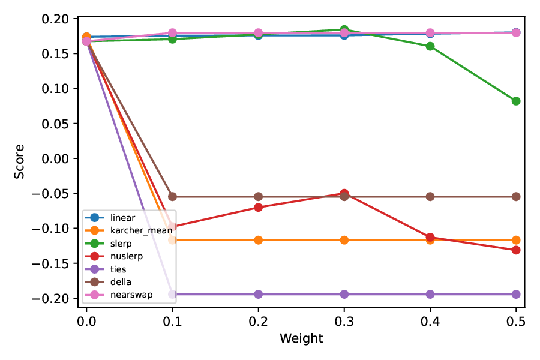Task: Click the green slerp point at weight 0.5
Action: (x=516, y=101)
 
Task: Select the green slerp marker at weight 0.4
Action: (x=430, y=46)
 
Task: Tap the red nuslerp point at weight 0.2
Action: (x=258, y=207)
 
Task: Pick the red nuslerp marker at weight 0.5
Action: (x=516, y=250)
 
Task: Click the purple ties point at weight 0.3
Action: (x=344, y=294)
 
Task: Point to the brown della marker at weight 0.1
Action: (x=172, y=196)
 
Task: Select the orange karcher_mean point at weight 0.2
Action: (x=258, y=240)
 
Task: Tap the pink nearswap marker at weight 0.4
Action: (x=430, y=33)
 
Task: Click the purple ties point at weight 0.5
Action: (x=516, y=294)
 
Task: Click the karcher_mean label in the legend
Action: (x=137, y=230)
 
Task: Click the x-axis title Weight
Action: (x=301, y=338)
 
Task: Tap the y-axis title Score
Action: (x=20, y=161)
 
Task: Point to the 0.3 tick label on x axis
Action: (x=344, y=321)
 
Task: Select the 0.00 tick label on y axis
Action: (x=59, y=158)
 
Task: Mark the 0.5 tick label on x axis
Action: (x=516, y=321)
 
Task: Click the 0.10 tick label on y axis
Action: (x=59, y=89)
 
